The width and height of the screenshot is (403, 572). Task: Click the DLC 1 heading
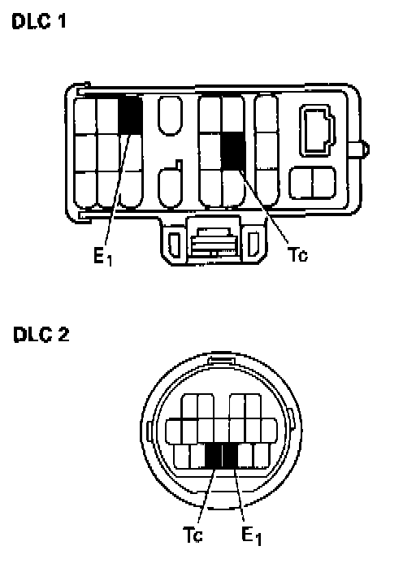39,21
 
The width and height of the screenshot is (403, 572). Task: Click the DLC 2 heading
41,334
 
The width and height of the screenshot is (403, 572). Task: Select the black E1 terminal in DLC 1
130,115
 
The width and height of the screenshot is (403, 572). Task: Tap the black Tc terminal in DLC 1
232,150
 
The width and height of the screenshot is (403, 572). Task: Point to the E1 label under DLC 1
103,257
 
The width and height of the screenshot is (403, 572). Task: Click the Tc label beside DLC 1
297,254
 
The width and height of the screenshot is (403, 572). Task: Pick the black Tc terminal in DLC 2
214,457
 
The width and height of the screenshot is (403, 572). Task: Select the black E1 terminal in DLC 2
230,457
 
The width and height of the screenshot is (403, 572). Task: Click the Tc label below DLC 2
193,535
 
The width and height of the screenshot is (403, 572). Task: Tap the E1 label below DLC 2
252,536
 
